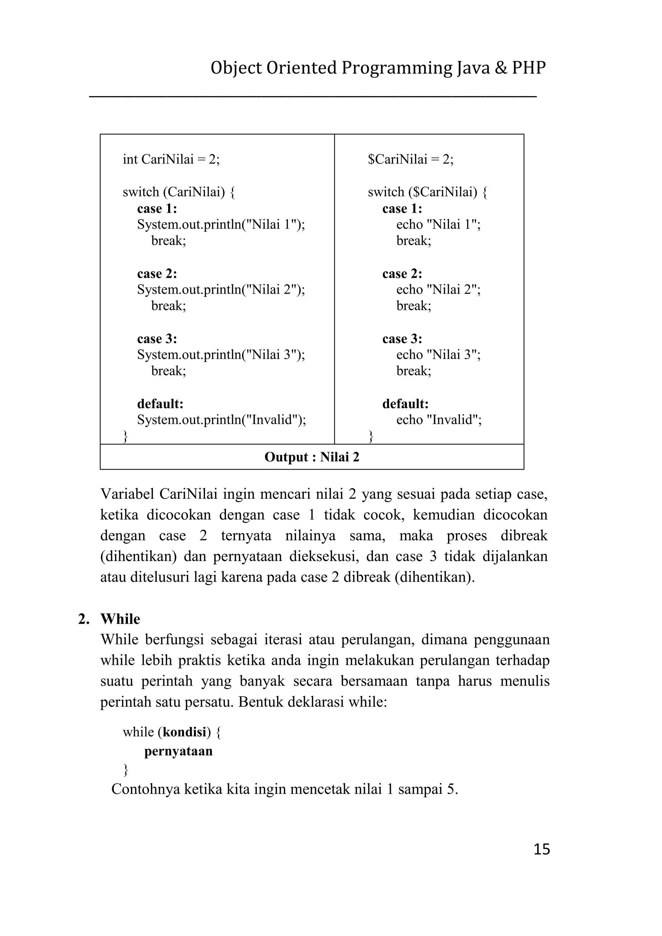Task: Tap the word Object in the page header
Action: click(x=236, y=68)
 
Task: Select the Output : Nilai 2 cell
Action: click(x=312, y=457)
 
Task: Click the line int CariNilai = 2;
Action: click(x=171, y=159)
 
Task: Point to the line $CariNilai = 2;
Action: click(x=411, y=159)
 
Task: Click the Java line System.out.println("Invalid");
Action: click(x=221, y=420)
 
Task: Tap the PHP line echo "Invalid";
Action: click(x=439, y=420)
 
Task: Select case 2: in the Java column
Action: click(x=157, y=273)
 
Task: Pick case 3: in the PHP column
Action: click(x=402, y=339)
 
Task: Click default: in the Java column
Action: click(x=160, y=404)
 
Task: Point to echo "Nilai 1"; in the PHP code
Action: click(x=438, y=224)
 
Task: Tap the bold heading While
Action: click(x=120, y=619)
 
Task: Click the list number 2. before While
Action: click(x=84, y=619)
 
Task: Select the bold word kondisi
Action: click(x=184, y=732)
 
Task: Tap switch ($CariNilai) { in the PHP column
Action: click(x=427, y=192)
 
